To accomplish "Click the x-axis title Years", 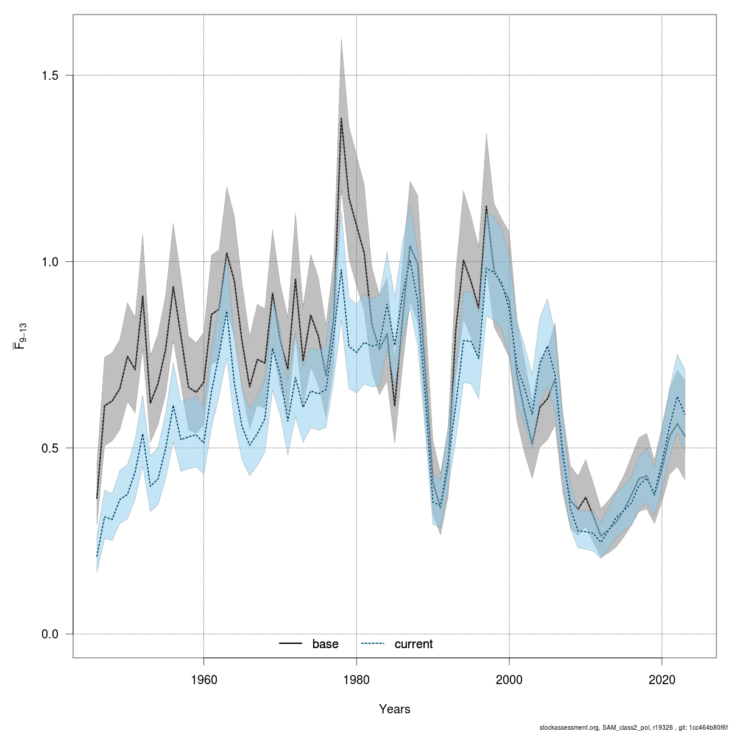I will coord(395,709).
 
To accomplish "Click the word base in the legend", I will coord(325,644).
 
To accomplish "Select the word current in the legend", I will coord(414,644).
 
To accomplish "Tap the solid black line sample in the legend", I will coord(291,644).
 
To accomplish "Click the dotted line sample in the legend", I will coord(373,644).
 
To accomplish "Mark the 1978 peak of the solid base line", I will coord(341,118).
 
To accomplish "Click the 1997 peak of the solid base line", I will coord(486,206).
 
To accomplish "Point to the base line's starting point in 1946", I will coord(97,498).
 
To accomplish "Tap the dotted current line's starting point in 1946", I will coord(97,556).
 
